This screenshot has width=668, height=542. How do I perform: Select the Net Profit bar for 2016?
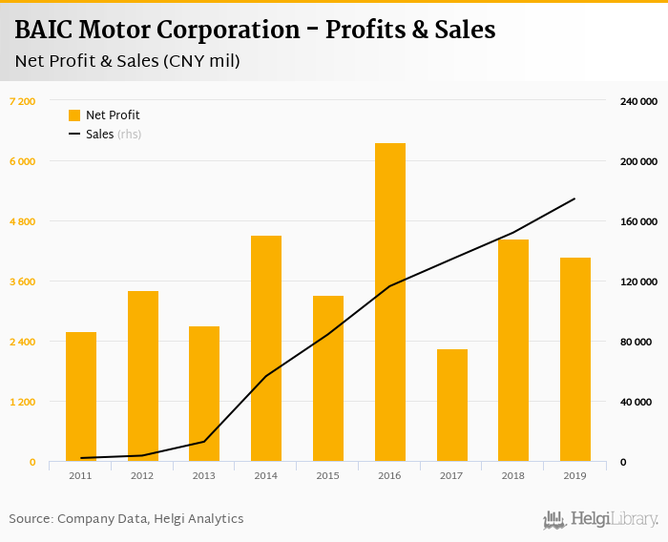389,302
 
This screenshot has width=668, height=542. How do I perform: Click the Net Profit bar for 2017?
451,406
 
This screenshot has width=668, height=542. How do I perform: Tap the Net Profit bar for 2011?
81,397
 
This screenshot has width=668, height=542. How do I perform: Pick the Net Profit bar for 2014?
266,348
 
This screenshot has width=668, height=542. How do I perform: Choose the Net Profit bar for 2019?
574,360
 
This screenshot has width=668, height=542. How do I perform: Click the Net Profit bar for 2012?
142,376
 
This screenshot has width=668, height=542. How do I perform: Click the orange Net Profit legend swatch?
74,115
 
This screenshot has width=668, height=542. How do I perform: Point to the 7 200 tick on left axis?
22,101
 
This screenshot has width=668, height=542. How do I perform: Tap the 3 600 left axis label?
22,281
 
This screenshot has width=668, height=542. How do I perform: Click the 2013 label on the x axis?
204,475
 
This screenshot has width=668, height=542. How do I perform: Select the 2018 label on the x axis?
513,475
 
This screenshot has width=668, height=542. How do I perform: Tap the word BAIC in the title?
44,31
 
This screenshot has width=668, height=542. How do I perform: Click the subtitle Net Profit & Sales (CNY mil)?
127,61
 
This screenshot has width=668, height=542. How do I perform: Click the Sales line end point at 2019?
574,198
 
